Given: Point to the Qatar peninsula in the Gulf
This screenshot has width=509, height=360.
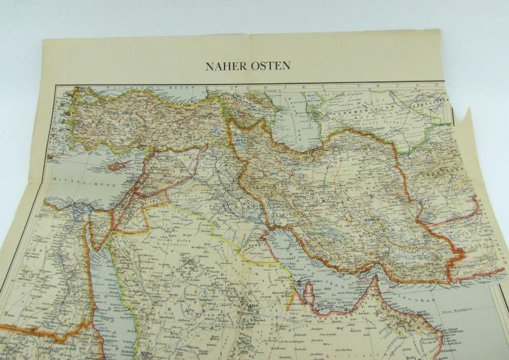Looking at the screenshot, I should click(310, 293).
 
